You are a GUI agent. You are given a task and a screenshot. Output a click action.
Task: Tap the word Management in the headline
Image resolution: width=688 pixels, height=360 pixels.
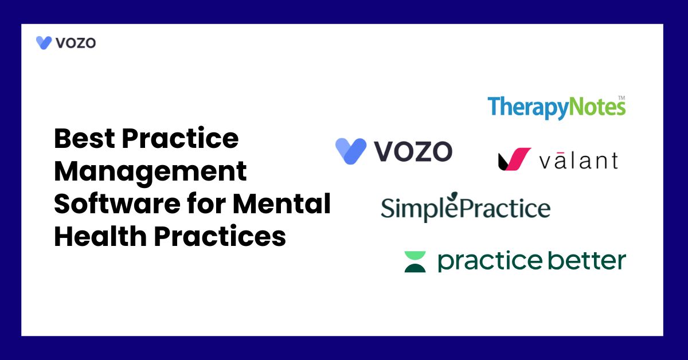click(x=150, y=171)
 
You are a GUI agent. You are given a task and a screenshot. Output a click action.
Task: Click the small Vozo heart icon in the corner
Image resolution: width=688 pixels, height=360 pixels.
click(x=44, y=42)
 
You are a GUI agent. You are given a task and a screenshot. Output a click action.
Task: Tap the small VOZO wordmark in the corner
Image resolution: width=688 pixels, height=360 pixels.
click(x=76, y=42)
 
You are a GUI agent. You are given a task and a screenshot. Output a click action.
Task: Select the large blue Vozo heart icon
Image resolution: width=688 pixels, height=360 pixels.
click(x=351, y=151)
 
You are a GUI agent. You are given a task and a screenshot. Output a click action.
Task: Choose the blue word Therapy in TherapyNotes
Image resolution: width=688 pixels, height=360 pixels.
click(x=528, y=108)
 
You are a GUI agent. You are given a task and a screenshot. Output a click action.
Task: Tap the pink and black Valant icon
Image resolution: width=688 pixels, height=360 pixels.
click(x=514, y=159)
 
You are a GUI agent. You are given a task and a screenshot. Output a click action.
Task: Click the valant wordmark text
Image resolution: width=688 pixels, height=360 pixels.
click(x=578, y=161)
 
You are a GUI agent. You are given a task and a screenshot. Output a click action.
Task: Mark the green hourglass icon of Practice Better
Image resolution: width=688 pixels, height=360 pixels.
click(x=415, y=261)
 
